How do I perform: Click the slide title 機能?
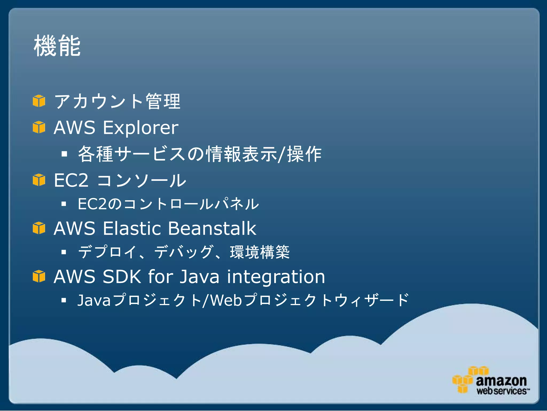coord(57,46)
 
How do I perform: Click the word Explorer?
coord(140,128)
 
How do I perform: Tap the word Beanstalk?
coord(212,229)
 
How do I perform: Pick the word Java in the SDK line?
coord(199,277)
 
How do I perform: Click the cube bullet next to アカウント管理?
coord(39,101)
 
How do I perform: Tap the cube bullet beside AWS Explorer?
coord(39,127)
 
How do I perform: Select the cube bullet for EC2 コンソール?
coord(39,180)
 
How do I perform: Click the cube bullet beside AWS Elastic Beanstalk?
coord(39,228)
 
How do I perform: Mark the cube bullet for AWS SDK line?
coord(39,276)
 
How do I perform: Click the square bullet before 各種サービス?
coord(64,154)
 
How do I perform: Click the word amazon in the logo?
coord(501,381)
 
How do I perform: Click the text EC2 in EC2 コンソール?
coord(71,180)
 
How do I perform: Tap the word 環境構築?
coord(260,252)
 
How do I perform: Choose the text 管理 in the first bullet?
coord(163,101)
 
